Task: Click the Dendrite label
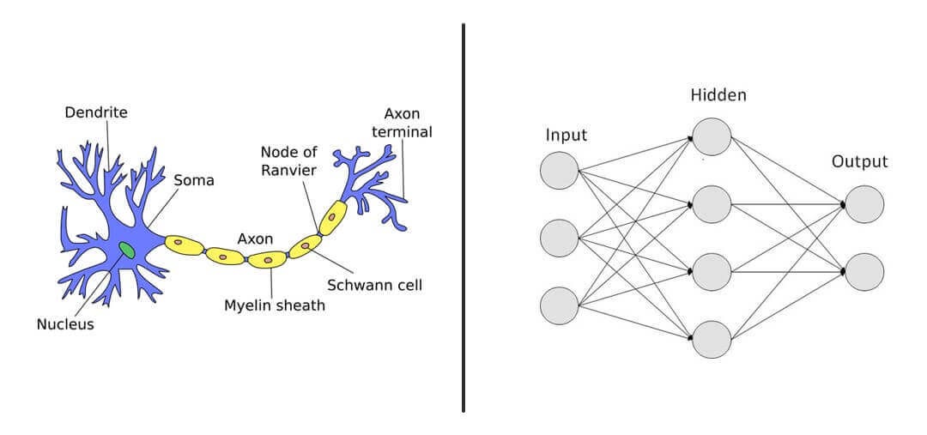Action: click(97, 112)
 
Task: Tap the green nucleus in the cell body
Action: click(127, 251)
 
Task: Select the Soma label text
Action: click(193, 181)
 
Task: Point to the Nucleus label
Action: click(65, 324)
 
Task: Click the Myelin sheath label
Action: click(275, 305)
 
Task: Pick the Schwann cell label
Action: click(374, 284)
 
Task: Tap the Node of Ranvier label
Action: click(288, 160)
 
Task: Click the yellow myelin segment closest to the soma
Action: click(185, 245)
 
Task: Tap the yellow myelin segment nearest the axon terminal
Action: click(332, 219)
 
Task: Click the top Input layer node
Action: click(559, 170)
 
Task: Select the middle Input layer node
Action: click(559, 238)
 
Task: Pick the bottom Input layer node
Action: click(559, 305)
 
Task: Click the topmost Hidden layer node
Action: click(712, 136)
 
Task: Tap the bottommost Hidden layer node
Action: click(712, 339)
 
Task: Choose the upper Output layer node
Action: click(864, 204)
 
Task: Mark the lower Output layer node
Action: click(864, 271)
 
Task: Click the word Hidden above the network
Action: click(718, 95)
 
